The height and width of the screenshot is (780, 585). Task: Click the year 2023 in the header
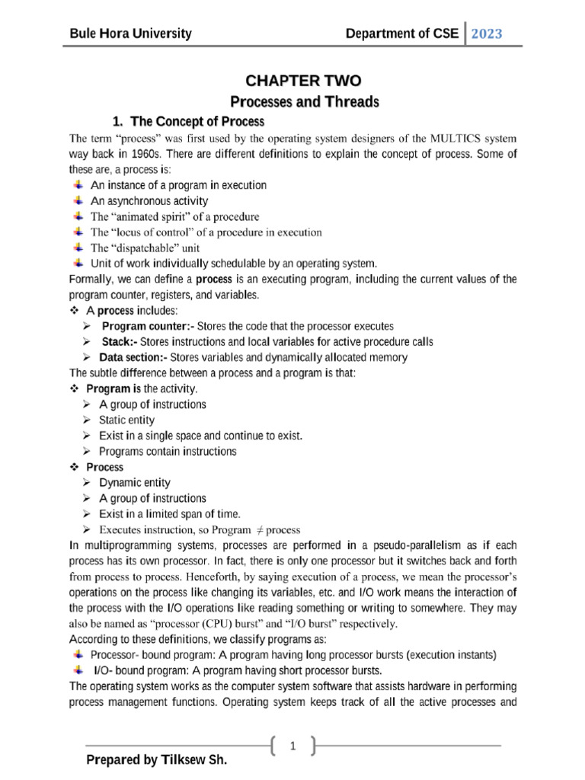point(487,34)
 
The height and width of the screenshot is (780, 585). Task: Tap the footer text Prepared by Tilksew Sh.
point(156,760)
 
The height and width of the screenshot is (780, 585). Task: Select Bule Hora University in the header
point(130,34)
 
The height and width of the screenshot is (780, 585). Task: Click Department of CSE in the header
point(402,34)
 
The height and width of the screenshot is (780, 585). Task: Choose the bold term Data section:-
point(133,357)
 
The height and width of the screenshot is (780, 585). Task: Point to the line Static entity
point(126,420)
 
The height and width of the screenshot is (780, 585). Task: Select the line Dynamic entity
point(135,482)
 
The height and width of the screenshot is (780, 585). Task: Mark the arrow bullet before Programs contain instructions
point(88,451)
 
